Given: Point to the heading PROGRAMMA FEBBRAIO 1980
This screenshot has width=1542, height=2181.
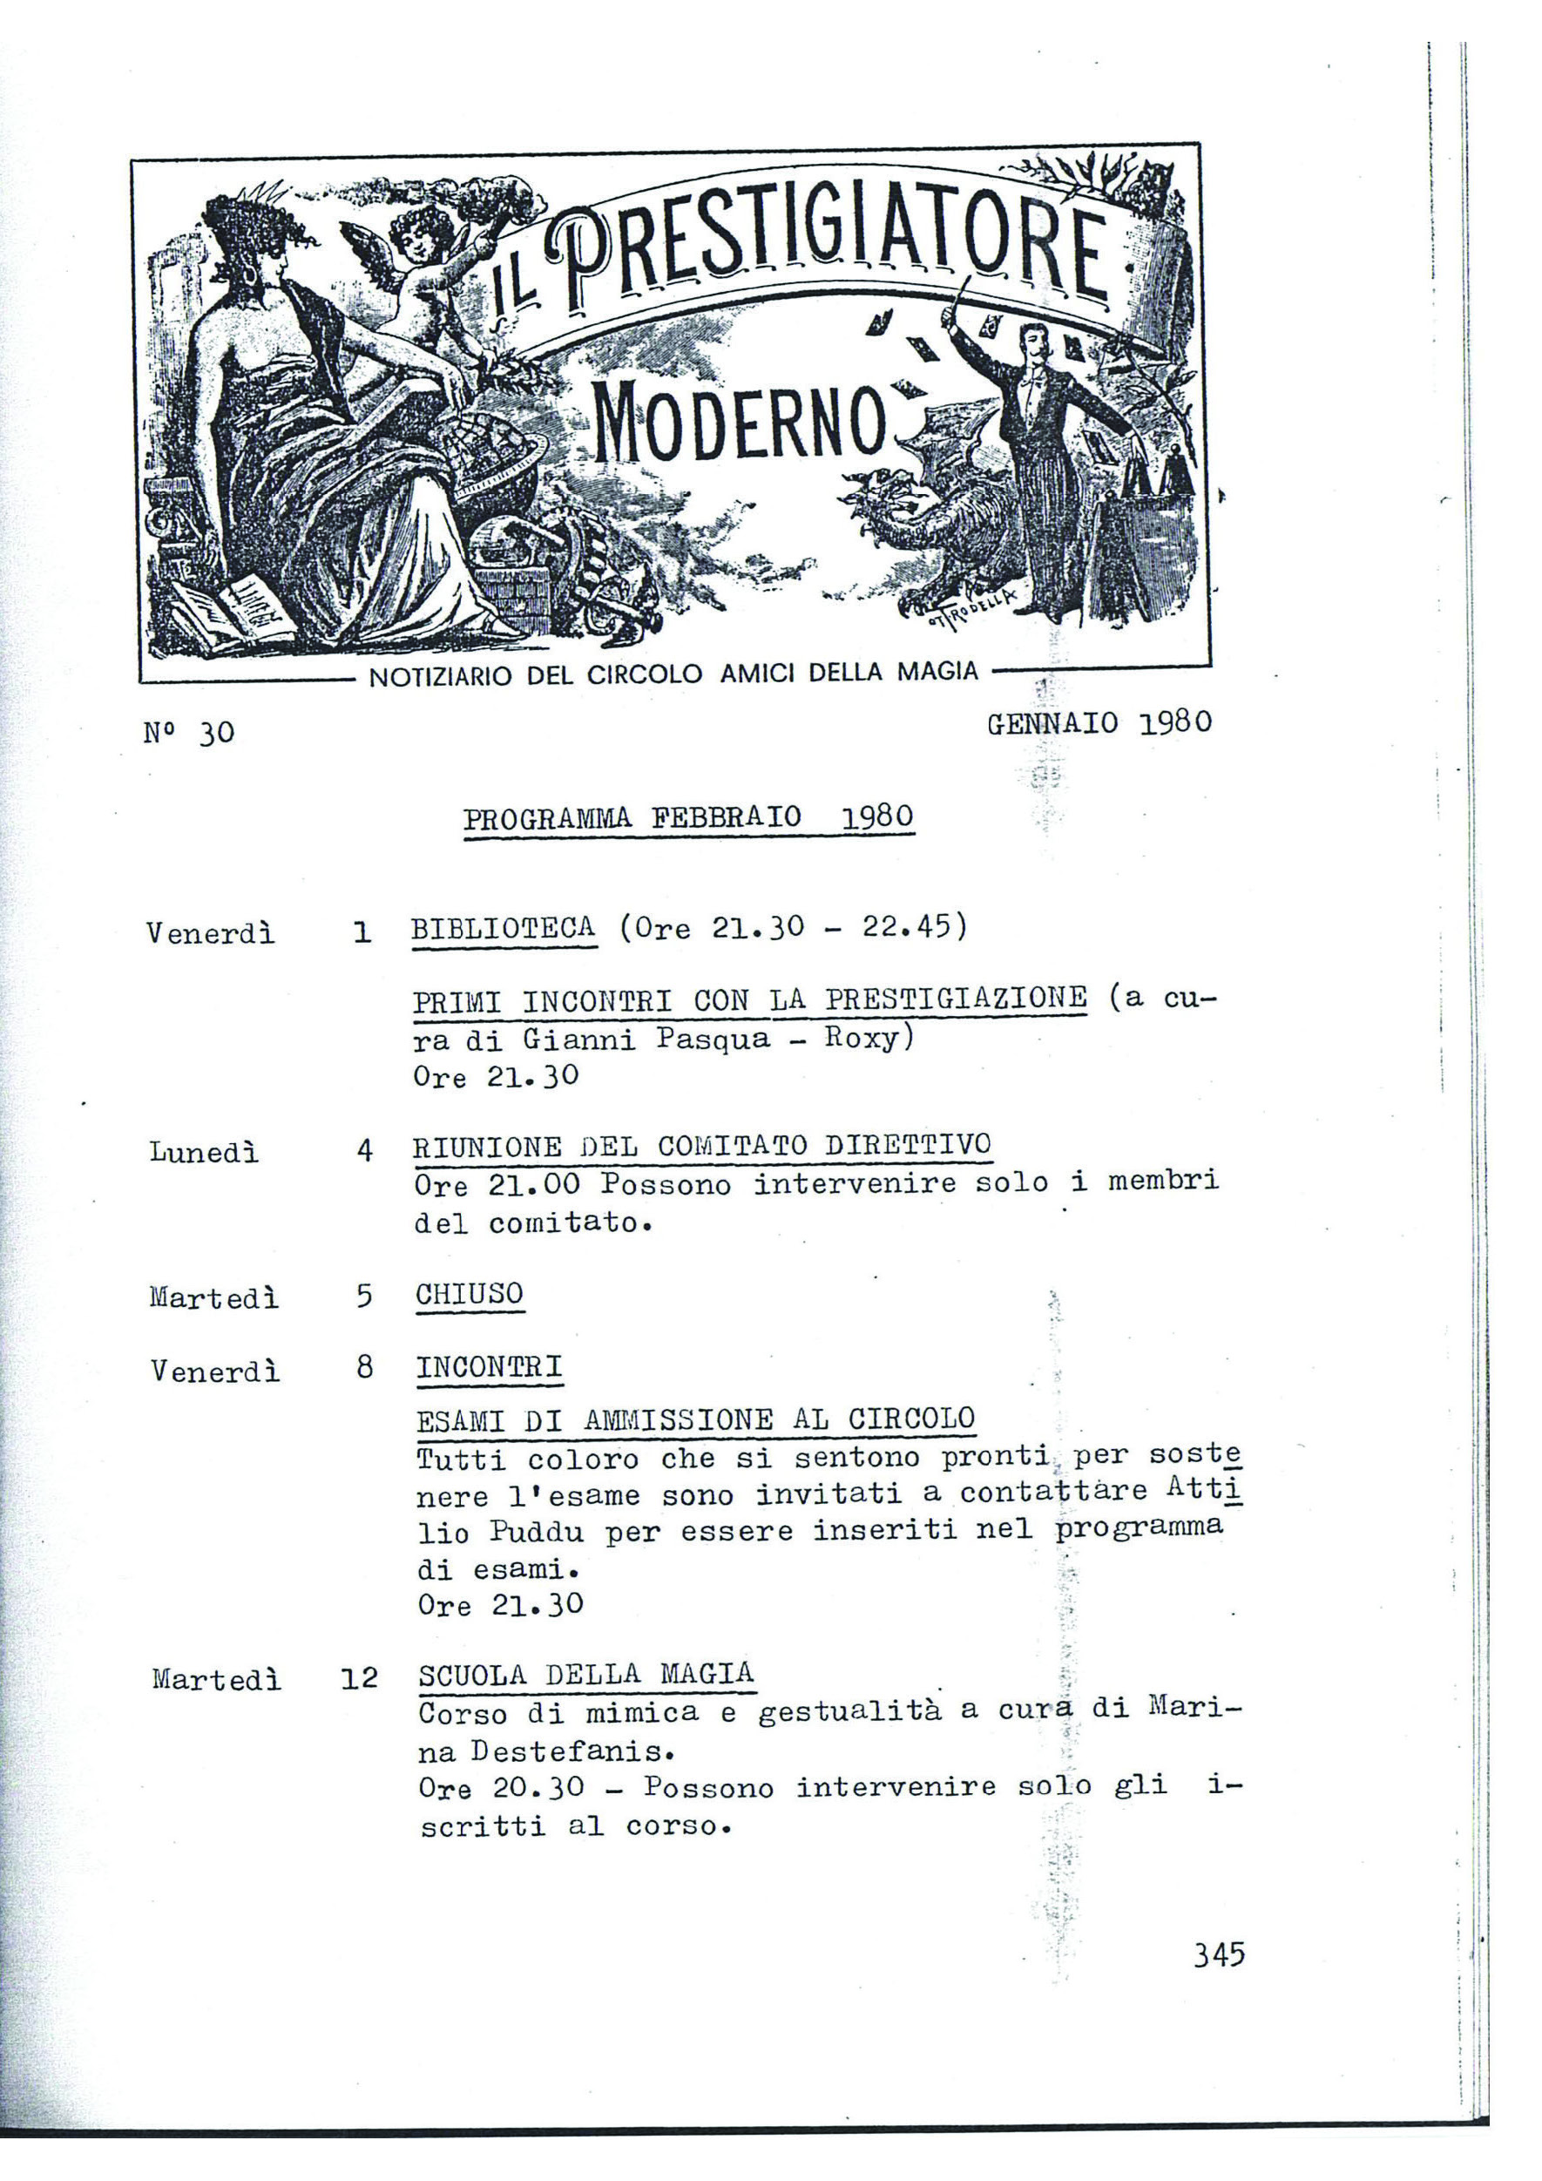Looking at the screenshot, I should pyautogui.click(x=688, y=818).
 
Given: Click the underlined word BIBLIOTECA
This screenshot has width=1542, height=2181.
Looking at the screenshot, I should pyautogui.click(x=504, y=928).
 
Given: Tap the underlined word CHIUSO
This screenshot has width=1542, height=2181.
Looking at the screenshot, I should pyautogui.click(x=469, y=1295).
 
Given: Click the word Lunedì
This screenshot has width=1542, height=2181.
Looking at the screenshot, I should pyautogui.click(x=203, y=1152).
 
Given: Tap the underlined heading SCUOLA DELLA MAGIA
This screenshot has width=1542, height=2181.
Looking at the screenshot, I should pyautogui.click(x=585, y=1674).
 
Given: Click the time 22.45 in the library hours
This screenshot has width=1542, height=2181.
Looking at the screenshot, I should pyautogui.click(x=906, y=925).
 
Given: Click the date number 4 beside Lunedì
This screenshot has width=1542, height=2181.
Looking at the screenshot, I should pyautogui.click(x=365, y=1151).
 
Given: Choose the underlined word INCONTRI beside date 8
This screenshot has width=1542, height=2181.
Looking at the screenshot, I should pyautogui.click(x=489, y=1368).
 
